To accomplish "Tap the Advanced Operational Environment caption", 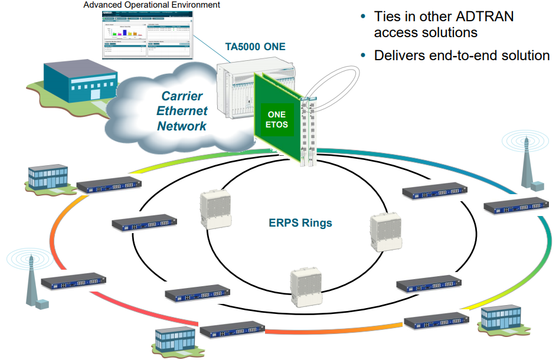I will [152, 5].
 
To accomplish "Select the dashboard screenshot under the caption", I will [147, 35].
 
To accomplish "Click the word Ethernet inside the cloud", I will [181, 111].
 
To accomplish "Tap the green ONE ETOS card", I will [276, 120].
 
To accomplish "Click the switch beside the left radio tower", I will [73, 282].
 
